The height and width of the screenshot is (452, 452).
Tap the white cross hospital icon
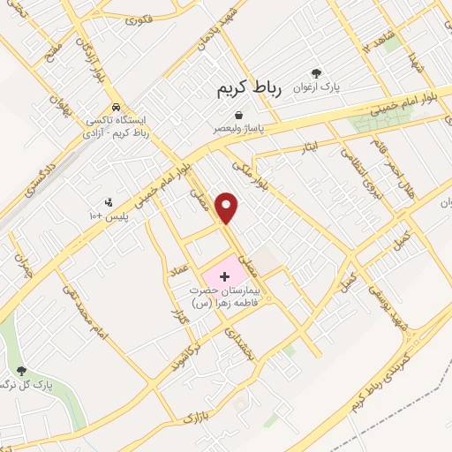click(223, 277)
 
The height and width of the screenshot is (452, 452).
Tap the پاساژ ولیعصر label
click(238, 128)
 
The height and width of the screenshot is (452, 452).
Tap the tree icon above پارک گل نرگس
click(21, 371)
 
